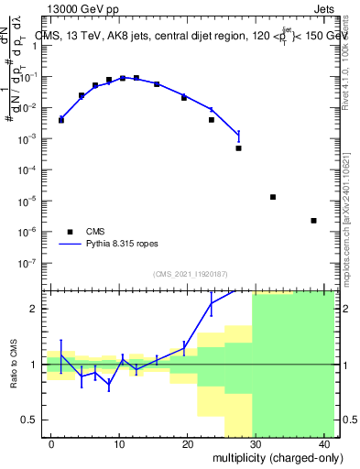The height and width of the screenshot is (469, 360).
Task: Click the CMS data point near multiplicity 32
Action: pyautogui.click(x=273, y=197)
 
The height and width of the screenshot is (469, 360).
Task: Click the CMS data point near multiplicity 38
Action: pyautogui.click(x=314, y=221)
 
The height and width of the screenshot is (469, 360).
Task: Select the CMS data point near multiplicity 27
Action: pyautogui.click(x=238, y=148)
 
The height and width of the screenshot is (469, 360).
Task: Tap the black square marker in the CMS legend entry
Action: pyautogui.click(x=70, y=232)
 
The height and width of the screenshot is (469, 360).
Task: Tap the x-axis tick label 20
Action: pyautogui.click(x=188, y=444)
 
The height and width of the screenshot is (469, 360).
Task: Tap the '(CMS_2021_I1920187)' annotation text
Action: pyautogui.click(x=190, y=274)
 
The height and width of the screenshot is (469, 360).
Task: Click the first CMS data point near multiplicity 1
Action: pyautogui.click(x=61, y=120)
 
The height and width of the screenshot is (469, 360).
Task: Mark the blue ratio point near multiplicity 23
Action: pyautogui.click(x=212, y=303)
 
